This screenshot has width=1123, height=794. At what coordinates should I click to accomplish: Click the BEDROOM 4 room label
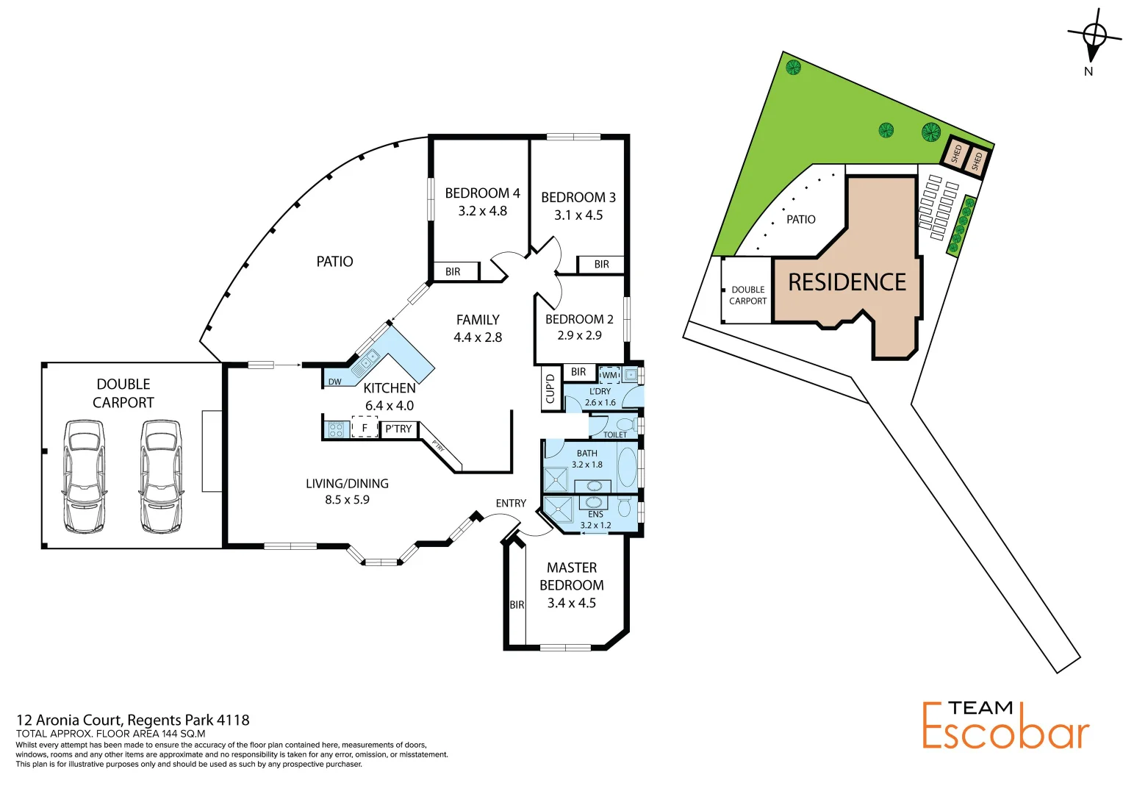pyautogui.click(x=482, y=193)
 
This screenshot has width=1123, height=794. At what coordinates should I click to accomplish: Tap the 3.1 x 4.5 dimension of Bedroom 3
pyautogui.click(x=578, y=215)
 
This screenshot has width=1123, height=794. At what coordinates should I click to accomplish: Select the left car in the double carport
pyautogui.click(x=84, y=476)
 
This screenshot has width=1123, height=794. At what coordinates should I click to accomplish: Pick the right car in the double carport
pyautogui.click(x=161, y=476)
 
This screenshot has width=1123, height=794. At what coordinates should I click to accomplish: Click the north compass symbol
pyautogui.click(x=1094, y=37)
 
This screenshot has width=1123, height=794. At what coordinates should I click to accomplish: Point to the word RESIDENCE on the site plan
pyautogui.click(x=847, y=282)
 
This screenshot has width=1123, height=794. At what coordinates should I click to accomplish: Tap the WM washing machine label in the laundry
pyautogui.click(x=609, y=376)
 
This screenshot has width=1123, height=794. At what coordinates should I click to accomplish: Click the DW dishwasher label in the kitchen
pyautogui.click(x=334, y=382)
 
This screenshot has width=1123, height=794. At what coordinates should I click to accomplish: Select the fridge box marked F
pyautogui.click(x=364, y=428)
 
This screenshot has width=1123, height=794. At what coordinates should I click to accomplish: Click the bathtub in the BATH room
pyautogui.click(x=627, y=468)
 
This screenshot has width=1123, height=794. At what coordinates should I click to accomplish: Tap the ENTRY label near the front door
pyautogui.click(x=511, y=504)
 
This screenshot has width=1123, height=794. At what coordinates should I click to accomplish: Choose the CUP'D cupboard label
pyautogui.click(x=550, y=389)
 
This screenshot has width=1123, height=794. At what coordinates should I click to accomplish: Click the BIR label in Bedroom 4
pyautogui.click(x=453, y=272)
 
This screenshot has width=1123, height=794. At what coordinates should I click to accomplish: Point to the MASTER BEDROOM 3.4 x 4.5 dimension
pyautogui.click(x=571, y=604)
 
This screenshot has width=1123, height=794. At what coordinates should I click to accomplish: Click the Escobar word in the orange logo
pyautogui.click(x=1005, y=732)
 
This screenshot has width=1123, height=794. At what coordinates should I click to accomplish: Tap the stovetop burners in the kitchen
pyautogui.click(x=336, y=429)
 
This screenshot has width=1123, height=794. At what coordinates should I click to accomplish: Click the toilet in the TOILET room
pyautogui.click(x=626, y=425)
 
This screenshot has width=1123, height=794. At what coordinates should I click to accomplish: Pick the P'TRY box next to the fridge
pyautogui.click(x=398, y=429)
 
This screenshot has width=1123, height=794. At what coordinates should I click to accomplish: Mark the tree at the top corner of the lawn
pyautogui.click(x=793, y=68)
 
